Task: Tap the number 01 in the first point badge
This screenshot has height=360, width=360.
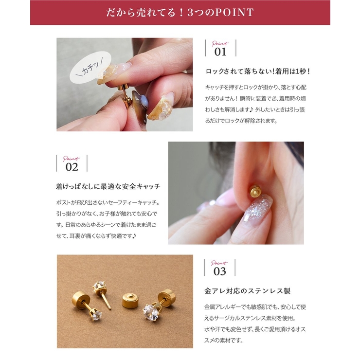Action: (x=220, y=52)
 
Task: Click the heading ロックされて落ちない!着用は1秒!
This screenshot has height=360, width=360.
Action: (x=258, y=71)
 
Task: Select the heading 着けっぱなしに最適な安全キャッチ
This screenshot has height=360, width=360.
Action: (x=108, y=186)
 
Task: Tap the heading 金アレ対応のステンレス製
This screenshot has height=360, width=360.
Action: (x=247, y=291)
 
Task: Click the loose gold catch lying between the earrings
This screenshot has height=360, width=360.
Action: (x=130, y=300)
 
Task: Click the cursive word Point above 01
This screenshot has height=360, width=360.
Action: (x=220, y=43)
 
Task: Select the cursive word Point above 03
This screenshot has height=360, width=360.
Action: (x=219, y=263)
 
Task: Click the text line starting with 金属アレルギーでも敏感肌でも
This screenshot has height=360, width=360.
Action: (x=255, y=307)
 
